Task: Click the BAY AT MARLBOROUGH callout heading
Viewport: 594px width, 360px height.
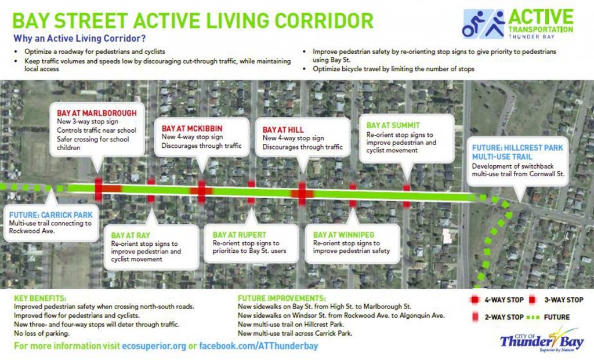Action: (97, 112)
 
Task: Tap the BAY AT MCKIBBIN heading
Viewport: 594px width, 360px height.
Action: (192, 128)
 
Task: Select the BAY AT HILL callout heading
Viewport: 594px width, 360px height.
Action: (284, 130)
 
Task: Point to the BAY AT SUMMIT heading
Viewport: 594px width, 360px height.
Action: (393, 125)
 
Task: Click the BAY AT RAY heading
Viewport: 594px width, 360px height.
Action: (131, 235)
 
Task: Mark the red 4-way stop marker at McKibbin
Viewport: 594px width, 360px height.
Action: (201, 191)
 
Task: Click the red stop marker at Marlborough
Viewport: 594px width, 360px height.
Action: (98, 188)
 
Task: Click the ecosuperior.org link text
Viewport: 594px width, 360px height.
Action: (154, 346)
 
